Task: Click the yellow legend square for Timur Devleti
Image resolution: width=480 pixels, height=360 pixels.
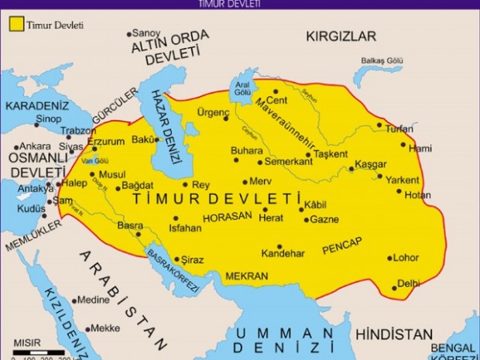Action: (15, 25)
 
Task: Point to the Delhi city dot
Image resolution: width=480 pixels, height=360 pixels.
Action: (394, 288)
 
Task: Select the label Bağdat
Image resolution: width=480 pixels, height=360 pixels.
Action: (140, 187)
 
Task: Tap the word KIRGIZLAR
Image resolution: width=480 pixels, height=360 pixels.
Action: (341, 36)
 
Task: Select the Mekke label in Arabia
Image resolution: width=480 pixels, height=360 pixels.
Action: (105, 327)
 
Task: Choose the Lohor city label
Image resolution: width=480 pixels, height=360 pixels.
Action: (406, 259)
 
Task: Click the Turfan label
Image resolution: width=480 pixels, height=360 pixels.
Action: (400, 129)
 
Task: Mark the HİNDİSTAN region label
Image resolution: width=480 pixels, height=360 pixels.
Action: (394, 334)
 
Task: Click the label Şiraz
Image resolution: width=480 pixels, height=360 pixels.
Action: (193, 259)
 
